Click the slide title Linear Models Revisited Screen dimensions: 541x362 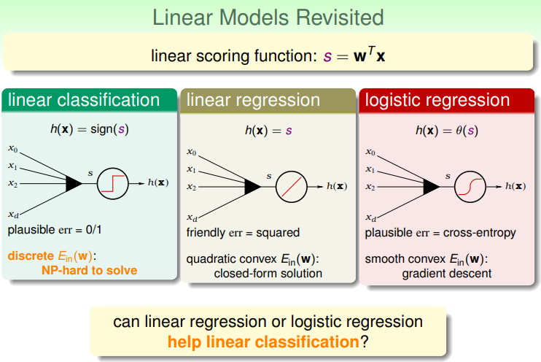[x=268, y=18]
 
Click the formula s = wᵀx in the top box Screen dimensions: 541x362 [x=354, y=55]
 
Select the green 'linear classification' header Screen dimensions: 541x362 [x=90, y=100]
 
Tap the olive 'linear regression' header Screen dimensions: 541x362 [x=268, y=100]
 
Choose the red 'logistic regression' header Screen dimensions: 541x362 [x=447, y=100]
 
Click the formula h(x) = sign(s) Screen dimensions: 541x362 [x=90, y=129]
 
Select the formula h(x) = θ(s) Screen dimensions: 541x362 [x=447, y=131]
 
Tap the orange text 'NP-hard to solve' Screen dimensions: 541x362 [x=90, y=270]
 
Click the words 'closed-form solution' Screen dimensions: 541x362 [x=268, y=273]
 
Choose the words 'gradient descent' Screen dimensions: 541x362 [x=447, y=274]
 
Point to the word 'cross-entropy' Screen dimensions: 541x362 [x=480, y=233]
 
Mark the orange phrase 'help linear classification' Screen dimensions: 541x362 [x=264, y=342]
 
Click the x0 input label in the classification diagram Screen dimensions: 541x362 [x=13, y=149]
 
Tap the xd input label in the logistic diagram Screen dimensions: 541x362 [x=371, y=217]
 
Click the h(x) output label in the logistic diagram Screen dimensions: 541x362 [x=515, y=186]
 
